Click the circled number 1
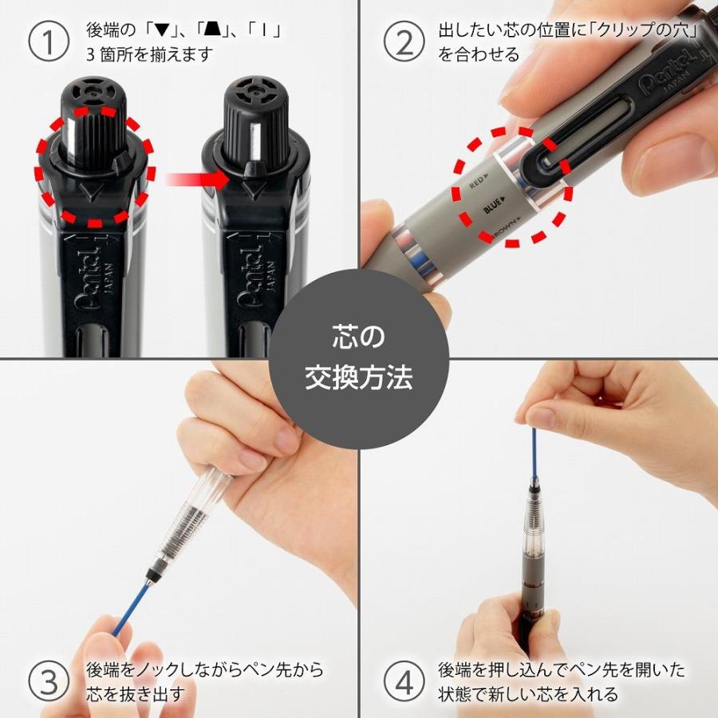coord(49,42)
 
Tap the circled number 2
coord(404,42)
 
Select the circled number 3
coord(49,681)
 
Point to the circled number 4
coord(404,681)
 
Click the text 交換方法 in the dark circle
coord(358,377)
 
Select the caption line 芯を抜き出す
coord(135,693)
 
